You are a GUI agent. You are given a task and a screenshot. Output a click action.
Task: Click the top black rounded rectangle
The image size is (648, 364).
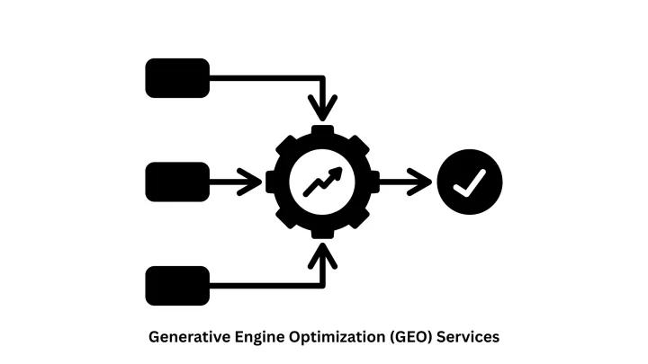(x=177, y=77)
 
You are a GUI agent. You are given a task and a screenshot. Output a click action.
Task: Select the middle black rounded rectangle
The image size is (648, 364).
(x=177, y=182)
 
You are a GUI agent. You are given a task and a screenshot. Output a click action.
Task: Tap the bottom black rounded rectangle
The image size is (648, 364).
(x=177, y=286)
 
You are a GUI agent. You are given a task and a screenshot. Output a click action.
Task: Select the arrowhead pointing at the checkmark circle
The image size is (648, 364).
(x=421, y=182)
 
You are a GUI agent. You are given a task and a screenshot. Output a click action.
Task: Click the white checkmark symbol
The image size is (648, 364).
(x=470, y=182)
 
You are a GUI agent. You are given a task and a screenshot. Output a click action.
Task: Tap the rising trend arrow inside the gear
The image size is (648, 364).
(x=322, y=182)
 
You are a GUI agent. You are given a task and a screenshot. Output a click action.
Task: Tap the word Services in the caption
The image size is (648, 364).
(x=468, y=337)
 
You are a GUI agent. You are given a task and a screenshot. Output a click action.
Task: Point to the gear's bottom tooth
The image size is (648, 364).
(x=322, y=233)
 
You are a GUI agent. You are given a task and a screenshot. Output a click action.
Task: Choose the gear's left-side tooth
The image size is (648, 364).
(x=272, y=182)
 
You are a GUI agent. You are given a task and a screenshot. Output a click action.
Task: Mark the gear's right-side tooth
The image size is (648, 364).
(x=373, y=182)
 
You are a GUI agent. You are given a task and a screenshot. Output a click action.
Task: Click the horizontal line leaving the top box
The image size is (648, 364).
(x=261, y=77)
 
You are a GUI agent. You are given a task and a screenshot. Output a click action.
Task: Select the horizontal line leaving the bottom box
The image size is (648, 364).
(x=261, y=286)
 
